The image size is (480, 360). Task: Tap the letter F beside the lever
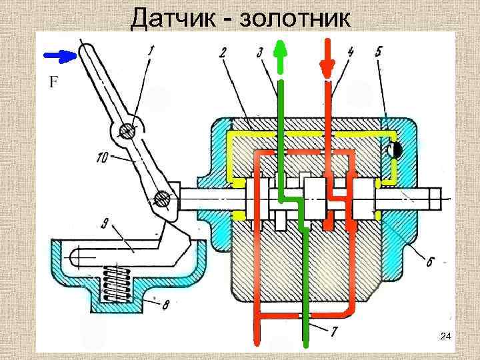(x=53, y=83)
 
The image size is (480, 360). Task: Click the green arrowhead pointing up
(x=281, y=49)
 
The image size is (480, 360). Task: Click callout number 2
(x=222, y=51)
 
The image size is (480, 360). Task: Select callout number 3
(x=260, y=51)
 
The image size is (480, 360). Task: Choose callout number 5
(x=377, y=51)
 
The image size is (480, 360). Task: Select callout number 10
(x=103, y=157)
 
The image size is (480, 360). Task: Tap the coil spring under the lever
(x=115, y=281)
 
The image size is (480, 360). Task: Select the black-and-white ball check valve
(x=394, y=150)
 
